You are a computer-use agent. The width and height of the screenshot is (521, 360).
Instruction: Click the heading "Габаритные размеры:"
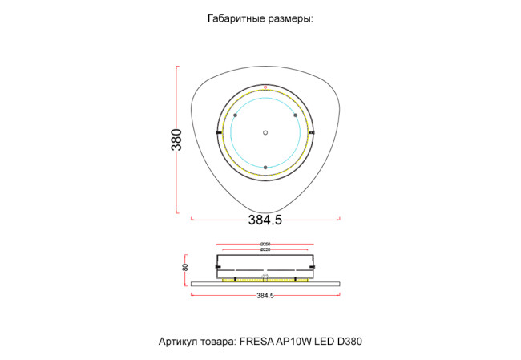click(x=260, y=18)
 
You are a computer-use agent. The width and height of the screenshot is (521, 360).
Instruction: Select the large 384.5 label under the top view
click(x=265, y=220)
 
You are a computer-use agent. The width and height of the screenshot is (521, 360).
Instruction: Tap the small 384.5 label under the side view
click(x=265, y=296)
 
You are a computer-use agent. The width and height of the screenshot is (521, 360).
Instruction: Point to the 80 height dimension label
click(x=185, y=268)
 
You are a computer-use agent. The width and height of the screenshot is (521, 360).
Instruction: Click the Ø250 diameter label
click(x=265, y=245)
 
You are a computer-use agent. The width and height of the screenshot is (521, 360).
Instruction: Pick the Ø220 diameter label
click(x=265, y=250)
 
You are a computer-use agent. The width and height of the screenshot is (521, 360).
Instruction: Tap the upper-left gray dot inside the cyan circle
click(x=235, y=115)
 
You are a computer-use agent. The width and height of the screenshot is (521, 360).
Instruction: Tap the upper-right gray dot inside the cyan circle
click(x=295, y=115)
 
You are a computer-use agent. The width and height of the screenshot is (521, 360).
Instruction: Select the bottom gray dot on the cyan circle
click(x=265, y=167)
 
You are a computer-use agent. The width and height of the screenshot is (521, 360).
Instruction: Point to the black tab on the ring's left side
click(x=218, y=132)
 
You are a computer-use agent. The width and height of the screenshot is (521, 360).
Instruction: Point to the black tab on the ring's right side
click(x=313, y=132)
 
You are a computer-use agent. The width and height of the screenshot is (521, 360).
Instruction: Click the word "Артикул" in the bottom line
click(x=180, y=342)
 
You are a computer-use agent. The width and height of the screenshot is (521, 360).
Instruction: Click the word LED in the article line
click(x=323, y=342)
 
